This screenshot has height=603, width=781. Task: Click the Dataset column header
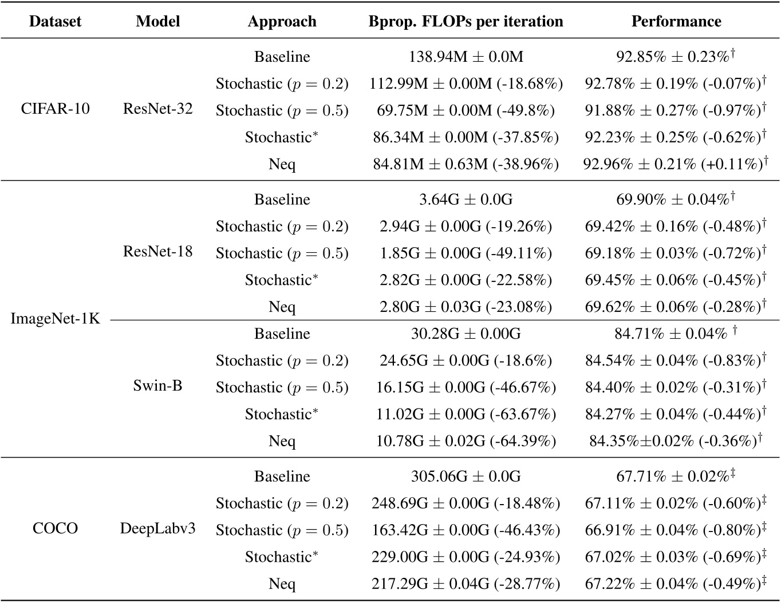55,22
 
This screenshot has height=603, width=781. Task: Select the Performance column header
676,22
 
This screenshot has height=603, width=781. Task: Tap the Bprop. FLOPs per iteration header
466,22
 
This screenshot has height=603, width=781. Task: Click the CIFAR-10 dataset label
55,109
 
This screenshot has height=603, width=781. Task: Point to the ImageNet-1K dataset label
55,319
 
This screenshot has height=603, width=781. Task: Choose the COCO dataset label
55,528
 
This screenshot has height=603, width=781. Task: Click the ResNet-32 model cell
157,109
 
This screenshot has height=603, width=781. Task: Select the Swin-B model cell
157,386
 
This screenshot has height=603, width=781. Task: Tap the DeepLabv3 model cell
157,528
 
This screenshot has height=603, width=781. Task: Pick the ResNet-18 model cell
157,251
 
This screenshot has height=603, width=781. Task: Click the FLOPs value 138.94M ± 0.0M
466,57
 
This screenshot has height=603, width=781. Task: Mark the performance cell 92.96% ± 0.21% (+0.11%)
676,164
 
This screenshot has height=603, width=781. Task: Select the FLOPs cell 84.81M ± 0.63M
466,164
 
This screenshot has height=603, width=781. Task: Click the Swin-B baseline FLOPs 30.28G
466,334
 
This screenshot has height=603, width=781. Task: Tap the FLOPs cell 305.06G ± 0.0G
466,476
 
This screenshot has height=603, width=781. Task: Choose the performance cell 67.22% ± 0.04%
676,584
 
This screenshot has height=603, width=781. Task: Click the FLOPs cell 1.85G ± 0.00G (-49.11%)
466,253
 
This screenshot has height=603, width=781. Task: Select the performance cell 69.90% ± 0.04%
676,199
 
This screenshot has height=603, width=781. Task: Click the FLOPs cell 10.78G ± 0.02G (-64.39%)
466,441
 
